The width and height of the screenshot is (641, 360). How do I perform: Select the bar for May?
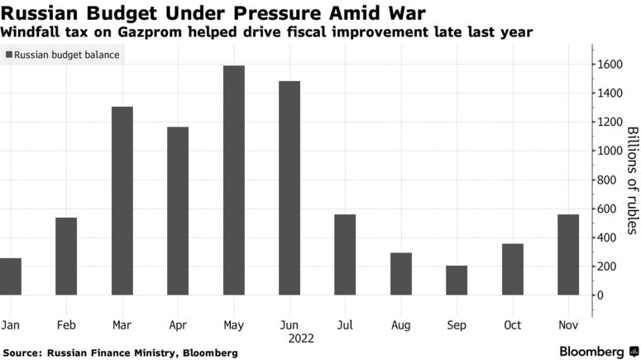pos(233,180)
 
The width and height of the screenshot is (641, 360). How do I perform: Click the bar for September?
pos(457,281)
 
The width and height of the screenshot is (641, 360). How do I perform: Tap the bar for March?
pos(122,201)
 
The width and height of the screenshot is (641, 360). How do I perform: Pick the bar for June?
pos(289,188)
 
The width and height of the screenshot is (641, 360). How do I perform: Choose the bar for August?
pos(401,274)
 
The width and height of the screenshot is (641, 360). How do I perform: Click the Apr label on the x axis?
pos(178,325)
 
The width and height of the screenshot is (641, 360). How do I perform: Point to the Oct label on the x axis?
pos(513,325)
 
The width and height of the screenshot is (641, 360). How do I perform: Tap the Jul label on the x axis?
pos(345,325)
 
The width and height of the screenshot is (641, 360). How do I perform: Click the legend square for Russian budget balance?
pos(9,55)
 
